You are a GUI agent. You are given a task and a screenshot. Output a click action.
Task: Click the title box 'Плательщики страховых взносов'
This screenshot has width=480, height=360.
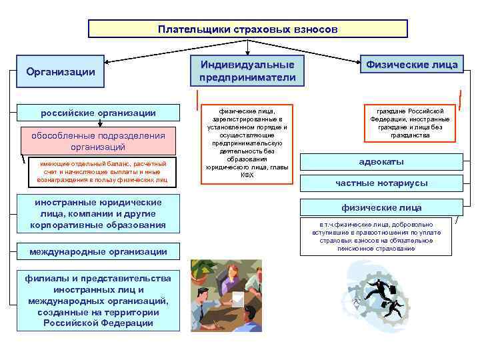tap(248, 29)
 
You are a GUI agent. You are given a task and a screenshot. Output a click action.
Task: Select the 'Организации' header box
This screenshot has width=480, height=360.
tap(60, 71)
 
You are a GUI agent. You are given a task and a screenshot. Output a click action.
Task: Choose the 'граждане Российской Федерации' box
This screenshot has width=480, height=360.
tap(411, 123)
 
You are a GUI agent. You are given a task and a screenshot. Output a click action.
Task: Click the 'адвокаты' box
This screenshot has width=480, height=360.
tap(381, 163)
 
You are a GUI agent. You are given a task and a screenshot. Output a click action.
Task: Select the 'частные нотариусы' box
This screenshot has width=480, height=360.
tap(381, 183)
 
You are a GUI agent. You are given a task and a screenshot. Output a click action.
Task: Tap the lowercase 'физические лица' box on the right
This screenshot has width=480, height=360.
tap(381, 207)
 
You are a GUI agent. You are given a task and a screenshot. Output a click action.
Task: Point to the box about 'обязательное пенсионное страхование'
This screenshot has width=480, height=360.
tap(381, 237)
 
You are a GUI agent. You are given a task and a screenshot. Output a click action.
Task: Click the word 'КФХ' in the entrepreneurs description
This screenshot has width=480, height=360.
tap(247, 175)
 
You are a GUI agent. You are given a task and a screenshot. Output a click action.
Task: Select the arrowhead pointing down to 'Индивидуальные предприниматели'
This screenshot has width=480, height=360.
tap(247, 51)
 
